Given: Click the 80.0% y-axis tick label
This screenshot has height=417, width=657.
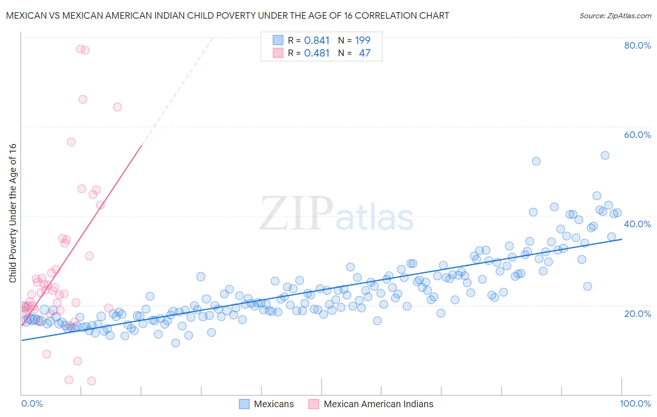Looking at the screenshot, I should coord(637,45).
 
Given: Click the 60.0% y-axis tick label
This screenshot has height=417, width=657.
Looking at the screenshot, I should coord(637,135).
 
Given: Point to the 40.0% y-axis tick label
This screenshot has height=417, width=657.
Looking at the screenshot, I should coord(637,224).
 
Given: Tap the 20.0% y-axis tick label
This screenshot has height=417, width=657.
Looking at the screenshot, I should coord(637,313).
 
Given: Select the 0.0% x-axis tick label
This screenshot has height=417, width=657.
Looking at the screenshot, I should coord(32,403).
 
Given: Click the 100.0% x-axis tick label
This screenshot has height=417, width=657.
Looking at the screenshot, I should coord(635,403).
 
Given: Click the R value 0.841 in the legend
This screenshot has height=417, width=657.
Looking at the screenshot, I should coord(317,40).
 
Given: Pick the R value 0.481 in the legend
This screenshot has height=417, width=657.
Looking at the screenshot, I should coord(317,53).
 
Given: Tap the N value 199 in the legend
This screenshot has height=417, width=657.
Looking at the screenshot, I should coord(363,40).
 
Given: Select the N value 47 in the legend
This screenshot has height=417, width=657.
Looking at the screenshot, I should coord(364,53).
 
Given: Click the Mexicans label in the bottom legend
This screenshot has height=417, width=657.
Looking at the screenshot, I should coord(274,404).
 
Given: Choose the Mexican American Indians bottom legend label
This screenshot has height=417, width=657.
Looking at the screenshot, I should coord(378,404).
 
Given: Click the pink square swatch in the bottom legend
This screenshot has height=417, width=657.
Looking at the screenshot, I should coord(314,404).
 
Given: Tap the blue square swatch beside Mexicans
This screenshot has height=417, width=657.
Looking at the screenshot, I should coord(244,404).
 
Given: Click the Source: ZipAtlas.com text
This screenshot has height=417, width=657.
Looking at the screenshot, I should coord(615,16).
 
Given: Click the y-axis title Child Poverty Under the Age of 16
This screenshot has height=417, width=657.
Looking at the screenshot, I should coord(13,213).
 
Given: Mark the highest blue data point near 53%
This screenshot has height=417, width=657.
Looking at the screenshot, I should coord(605,155).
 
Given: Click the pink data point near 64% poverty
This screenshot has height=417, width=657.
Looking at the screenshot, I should coord(117,107).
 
